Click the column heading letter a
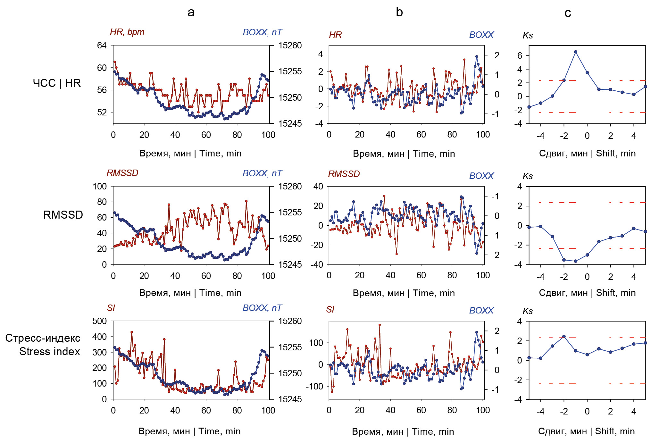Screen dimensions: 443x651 [191, 12]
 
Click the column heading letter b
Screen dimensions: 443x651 [399, 12]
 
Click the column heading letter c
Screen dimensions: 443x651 [568, 13]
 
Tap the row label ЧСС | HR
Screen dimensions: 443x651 [57, 83]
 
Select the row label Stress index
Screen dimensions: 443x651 [49, 351]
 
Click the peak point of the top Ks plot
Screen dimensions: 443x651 [576, 52]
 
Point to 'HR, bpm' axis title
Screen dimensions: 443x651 [127, 32]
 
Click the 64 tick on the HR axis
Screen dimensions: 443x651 [102, 45]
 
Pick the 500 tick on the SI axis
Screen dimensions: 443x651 [100, 321]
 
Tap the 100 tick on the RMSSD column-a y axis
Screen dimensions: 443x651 [100, 186]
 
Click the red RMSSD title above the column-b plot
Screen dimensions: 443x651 [344, 174]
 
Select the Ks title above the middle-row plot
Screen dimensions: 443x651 [528, 176]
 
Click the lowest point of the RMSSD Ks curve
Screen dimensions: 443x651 [576, 261]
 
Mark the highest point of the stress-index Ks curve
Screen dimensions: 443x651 [564, 337]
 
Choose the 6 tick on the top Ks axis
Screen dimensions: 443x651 [520, 55]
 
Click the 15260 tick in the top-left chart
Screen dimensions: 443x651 [290, 45]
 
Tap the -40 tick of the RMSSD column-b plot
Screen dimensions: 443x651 [317, 264]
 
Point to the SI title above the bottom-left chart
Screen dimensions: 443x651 [111, 308]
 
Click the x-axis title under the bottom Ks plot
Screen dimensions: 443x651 [586, 431]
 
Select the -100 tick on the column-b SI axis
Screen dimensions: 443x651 [314, 386]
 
